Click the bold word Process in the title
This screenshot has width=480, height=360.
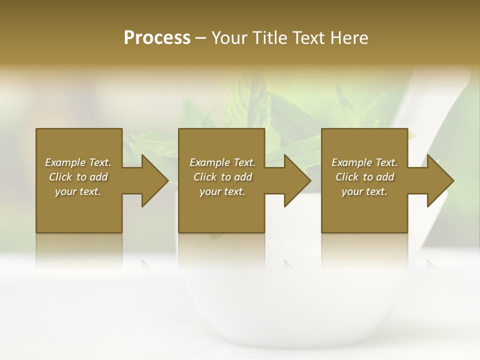click(x=157, y=38)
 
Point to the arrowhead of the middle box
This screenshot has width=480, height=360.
click(x=296, y=180)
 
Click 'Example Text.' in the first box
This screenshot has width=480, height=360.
click(x=78, y=162)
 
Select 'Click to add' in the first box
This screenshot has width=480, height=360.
click(x=78, y=177)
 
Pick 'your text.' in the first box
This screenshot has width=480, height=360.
click(x=78, y=191)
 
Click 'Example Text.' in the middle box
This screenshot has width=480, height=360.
click(x=222, y=162)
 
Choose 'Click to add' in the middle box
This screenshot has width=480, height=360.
click(x=222, y=177)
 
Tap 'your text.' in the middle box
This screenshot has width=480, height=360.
click(x=222, y=191)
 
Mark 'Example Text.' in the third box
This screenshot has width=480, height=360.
click(x=364, y=162)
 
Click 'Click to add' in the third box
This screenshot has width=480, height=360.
click(x=364, y=177)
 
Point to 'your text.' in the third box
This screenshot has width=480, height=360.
click(x=364, y=191)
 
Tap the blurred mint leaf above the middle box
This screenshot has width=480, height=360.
click(x=250, y=100)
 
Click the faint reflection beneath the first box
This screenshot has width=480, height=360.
click(x=79, y=250)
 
